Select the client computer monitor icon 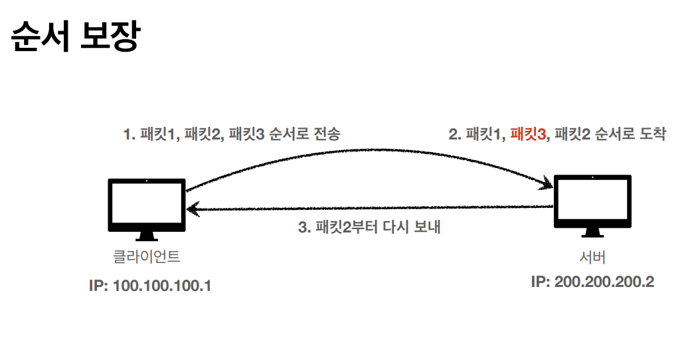pyautogui.click(x=147, y=205)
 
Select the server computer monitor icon pyautogui.click(x=592, y=201)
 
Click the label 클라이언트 pyautogui.click(x=147, y=256)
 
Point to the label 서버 pyautogui.click(x=592, y=257)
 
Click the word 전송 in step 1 pyautogui.click(x=326, y=135)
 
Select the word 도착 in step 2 pyautogui.click(x=652, y=135)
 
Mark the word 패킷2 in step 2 pyautogui.click(x=576, y=135)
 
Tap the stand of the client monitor pyautogui.click(x=147, y=236)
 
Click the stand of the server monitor pyautogui.click(x=592, y=233)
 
